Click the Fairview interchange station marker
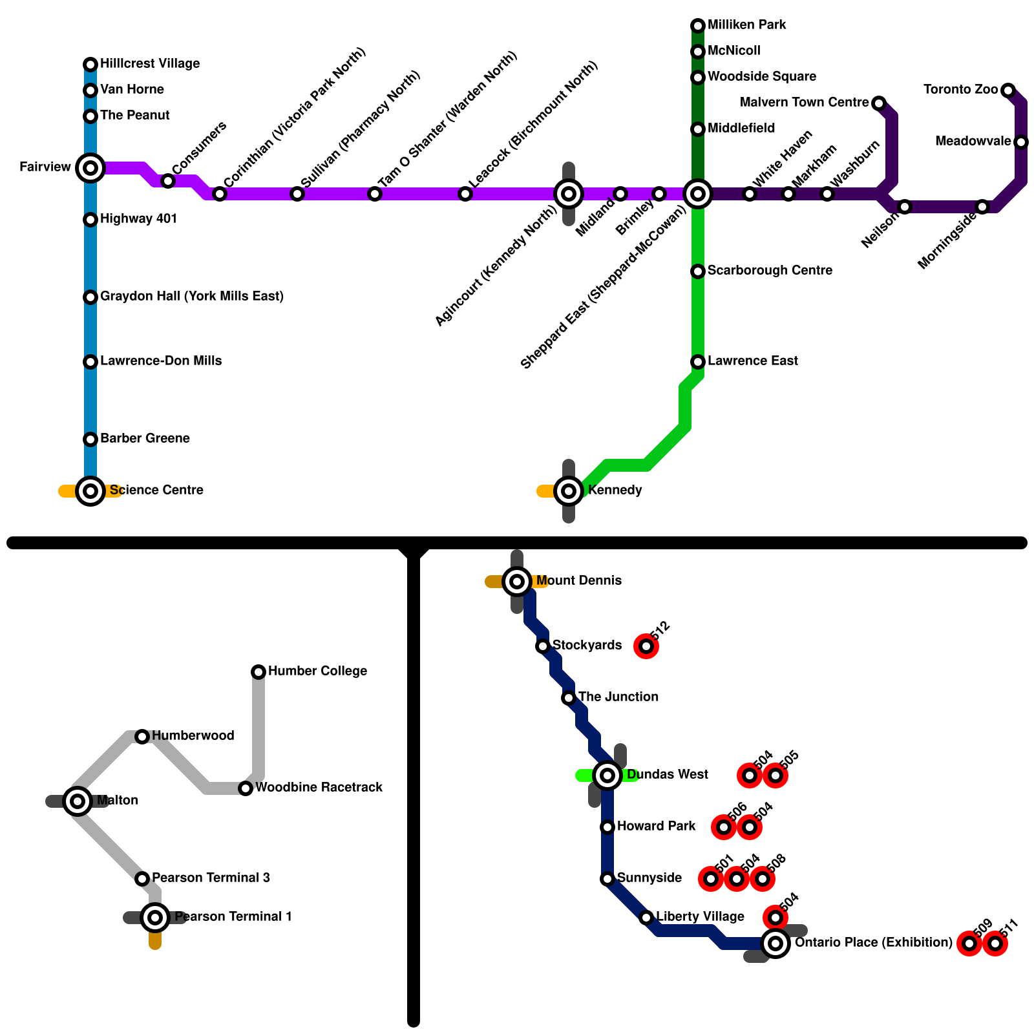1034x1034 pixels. pyautogui.click(x=90, y=168)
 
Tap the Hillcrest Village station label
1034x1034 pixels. pyautogui.click(x=150, y=64)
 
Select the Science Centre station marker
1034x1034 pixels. pyautogui.click(x=90, y=491)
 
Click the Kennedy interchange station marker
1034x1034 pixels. pyautogui.click(x=569, y=491)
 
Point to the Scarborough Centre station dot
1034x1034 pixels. pyautogui.click(x=698, y=271)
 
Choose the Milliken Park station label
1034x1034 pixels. pyautogui.click(x=747, y=25)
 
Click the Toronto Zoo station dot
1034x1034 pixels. pyautogui.click(x=1008, y=90)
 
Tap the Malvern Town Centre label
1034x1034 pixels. pyautogui.click(x=804, y=103)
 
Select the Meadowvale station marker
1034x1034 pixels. pyautogui.click(x=1021, y=142)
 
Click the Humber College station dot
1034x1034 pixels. pyautogui.click(x=258, y=672)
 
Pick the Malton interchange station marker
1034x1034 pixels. pyautogui.click(x=78, y=801)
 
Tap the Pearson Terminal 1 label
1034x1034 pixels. pyautogui.click(x=233, y=917)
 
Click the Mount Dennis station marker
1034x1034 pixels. pyautogui.click(x=517, y=582)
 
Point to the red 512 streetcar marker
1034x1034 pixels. pyautogui.click(x=646, y=646)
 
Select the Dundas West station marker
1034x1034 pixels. pyautogui.click(x=607, y=775)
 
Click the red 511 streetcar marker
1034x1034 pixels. pyautogui.click(x=995, y=944)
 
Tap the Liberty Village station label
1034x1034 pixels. pyautogui.click(x=701, y=917)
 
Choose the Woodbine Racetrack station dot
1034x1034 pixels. pyautogui.click(x=246, y=788)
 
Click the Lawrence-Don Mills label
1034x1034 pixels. pyautogui.click(x=161, y=361)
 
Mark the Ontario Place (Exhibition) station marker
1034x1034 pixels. pyautogui.click(x=775, y=944)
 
